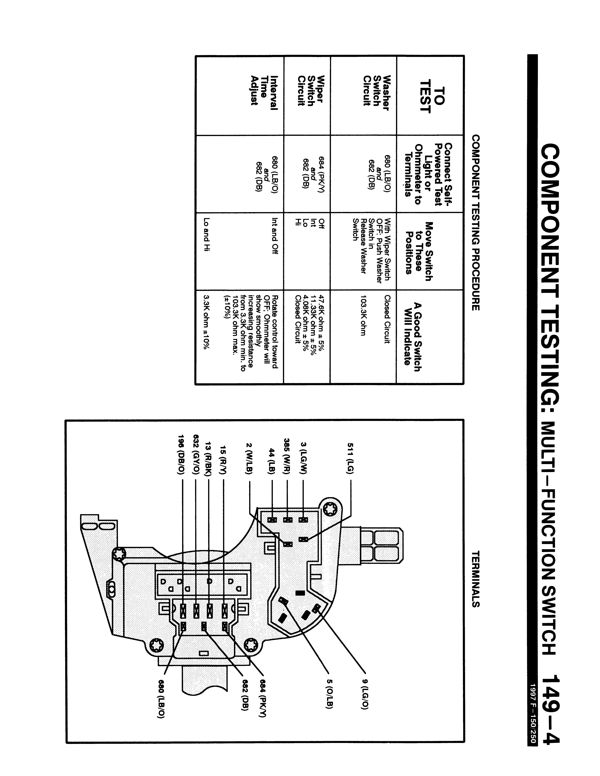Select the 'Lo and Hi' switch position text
pos(206,235)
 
